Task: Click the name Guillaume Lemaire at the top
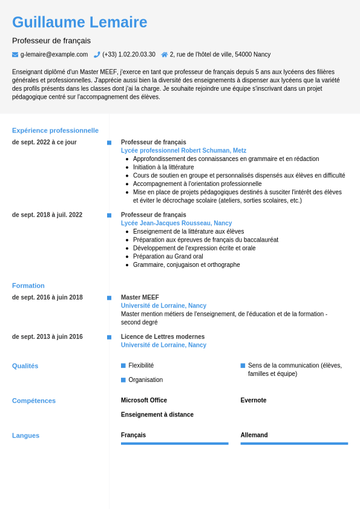[79, 22]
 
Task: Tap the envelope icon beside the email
[15, 54]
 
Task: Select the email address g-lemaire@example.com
[54, 54]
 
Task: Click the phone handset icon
[97, 54]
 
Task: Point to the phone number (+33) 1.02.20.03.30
[128, 54]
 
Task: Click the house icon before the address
[165, 54]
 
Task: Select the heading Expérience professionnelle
[55, 130]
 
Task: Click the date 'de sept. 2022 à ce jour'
[44, 142]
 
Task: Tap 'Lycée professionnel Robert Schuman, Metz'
[183, 151]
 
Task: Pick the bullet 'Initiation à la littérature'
[163, 167]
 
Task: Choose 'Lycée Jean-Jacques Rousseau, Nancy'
[176, 223]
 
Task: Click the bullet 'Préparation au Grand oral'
[168, 257]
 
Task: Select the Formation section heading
[28, 286]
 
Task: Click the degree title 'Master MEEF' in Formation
[140, 297]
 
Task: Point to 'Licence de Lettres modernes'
[163, 337]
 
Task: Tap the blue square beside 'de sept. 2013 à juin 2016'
[109, 337]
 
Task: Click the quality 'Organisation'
[145, 380]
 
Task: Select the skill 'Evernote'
[253, 400]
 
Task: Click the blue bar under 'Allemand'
[294, 444]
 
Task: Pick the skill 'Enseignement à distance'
[157, 415]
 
